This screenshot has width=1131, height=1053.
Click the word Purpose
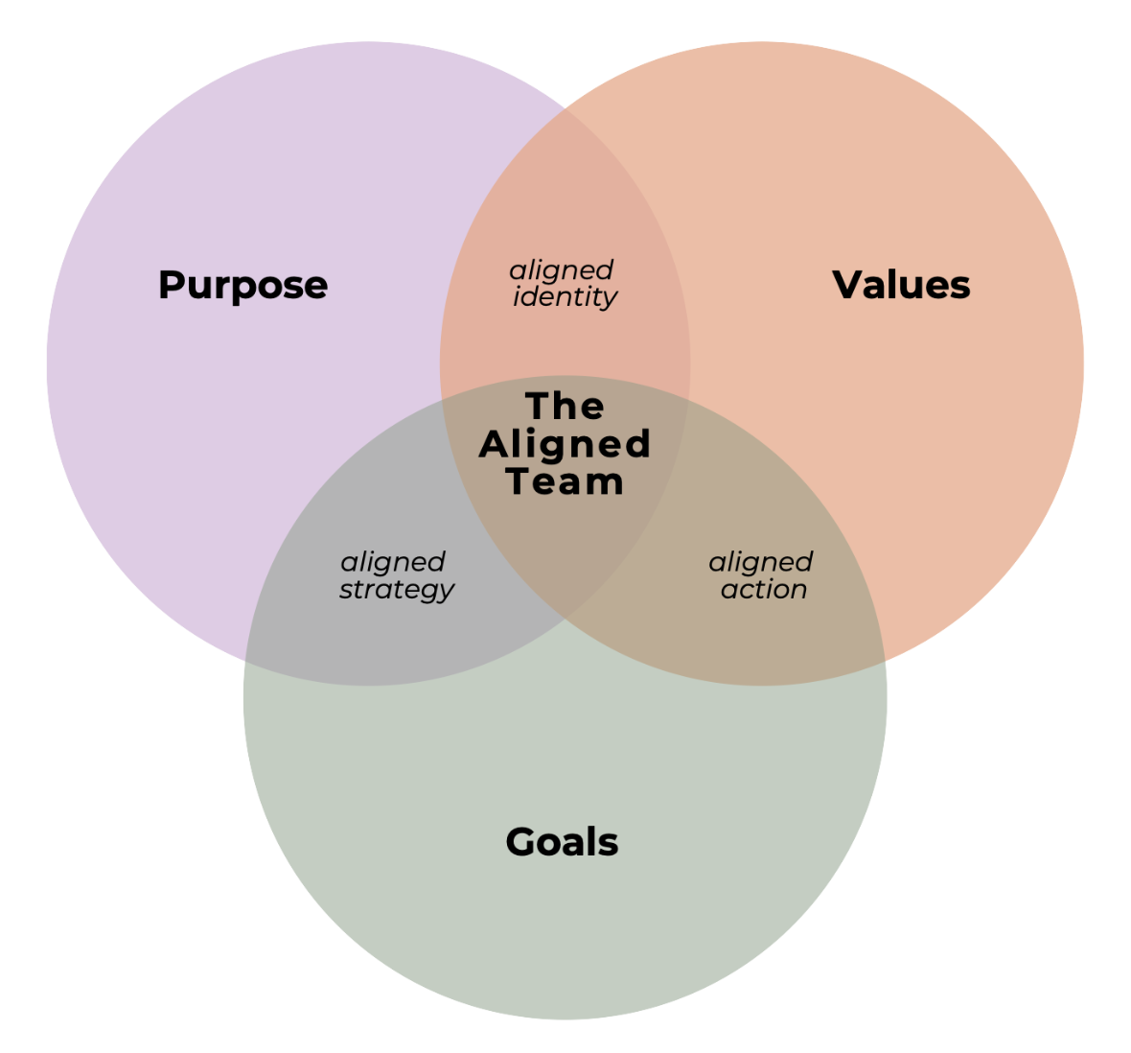242,286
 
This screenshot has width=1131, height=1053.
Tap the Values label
901,285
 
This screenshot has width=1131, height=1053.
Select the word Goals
562,842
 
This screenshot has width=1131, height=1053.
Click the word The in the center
565,407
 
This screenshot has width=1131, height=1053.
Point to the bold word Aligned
565,444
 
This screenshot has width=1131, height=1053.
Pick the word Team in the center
565,481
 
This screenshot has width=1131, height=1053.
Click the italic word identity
565,297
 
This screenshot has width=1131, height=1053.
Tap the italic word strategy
397,590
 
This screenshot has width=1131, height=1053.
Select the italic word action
763,590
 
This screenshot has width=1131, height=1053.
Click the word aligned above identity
562,271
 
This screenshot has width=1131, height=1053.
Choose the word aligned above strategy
393,563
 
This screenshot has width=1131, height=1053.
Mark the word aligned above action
761,563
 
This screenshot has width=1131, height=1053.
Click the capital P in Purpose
171,286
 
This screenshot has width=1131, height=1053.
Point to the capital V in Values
847,285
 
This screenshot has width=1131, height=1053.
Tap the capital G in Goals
519,842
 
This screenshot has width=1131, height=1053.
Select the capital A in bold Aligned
493,444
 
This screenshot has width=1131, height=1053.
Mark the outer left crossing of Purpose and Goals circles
246,661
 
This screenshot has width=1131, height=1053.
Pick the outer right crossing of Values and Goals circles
884,661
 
